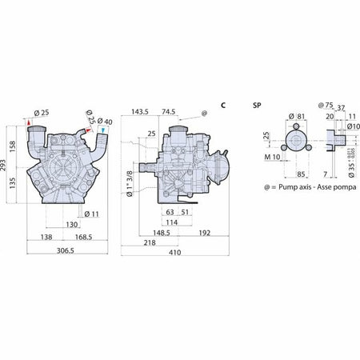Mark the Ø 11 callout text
click(91, 214)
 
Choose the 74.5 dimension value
click(169, 111)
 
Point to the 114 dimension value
click(171, 222)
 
